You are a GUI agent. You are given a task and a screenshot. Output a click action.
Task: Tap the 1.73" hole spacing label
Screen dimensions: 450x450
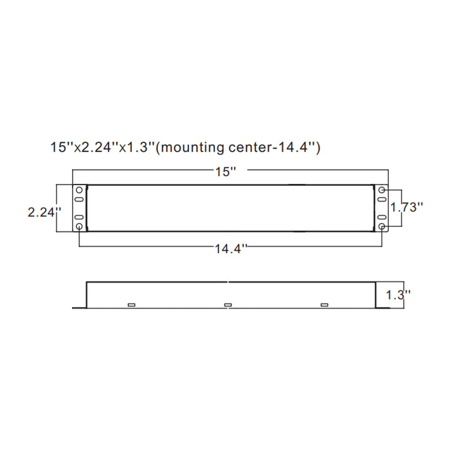point(408,208)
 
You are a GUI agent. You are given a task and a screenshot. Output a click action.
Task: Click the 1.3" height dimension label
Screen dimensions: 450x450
point(399,295)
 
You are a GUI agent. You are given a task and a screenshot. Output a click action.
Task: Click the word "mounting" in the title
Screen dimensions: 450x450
point(192,147)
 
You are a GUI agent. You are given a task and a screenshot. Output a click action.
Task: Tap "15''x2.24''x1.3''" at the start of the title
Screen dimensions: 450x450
point(103,147)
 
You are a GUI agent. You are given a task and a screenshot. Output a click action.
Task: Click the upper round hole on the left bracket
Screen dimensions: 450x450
point(79,191)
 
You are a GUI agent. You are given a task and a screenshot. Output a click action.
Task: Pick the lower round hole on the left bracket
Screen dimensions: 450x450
point(79,227)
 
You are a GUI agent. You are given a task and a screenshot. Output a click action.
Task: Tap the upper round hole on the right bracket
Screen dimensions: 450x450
point(382,191)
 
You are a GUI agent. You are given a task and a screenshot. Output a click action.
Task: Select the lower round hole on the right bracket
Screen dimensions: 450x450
point(382,227)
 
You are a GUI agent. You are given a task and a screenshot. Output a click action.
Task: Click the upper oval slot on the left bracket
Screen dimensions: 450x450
point(79,201)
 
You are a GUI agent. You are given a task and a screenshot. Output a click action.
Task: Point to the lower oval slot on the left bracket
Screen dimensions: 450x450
point(79,218)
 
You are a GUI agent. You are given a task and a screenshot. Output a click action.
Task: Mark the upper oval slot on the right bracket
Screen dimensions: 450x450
point(382,201)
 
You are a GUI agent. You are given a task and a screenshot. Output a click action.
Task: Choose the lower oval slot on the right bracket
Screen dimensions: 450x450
point(382,218)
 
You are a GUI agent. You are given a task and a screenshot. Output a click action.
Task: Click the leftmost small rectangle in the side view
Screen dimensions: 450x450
point(131,305)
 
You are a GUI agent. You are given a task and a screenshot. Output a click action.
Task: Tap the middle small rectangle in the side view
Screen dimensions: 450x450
point(227,305)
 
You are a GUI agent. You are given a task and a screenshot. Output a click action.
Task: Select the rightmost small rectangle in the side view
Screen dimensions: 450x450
point(324,305)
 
